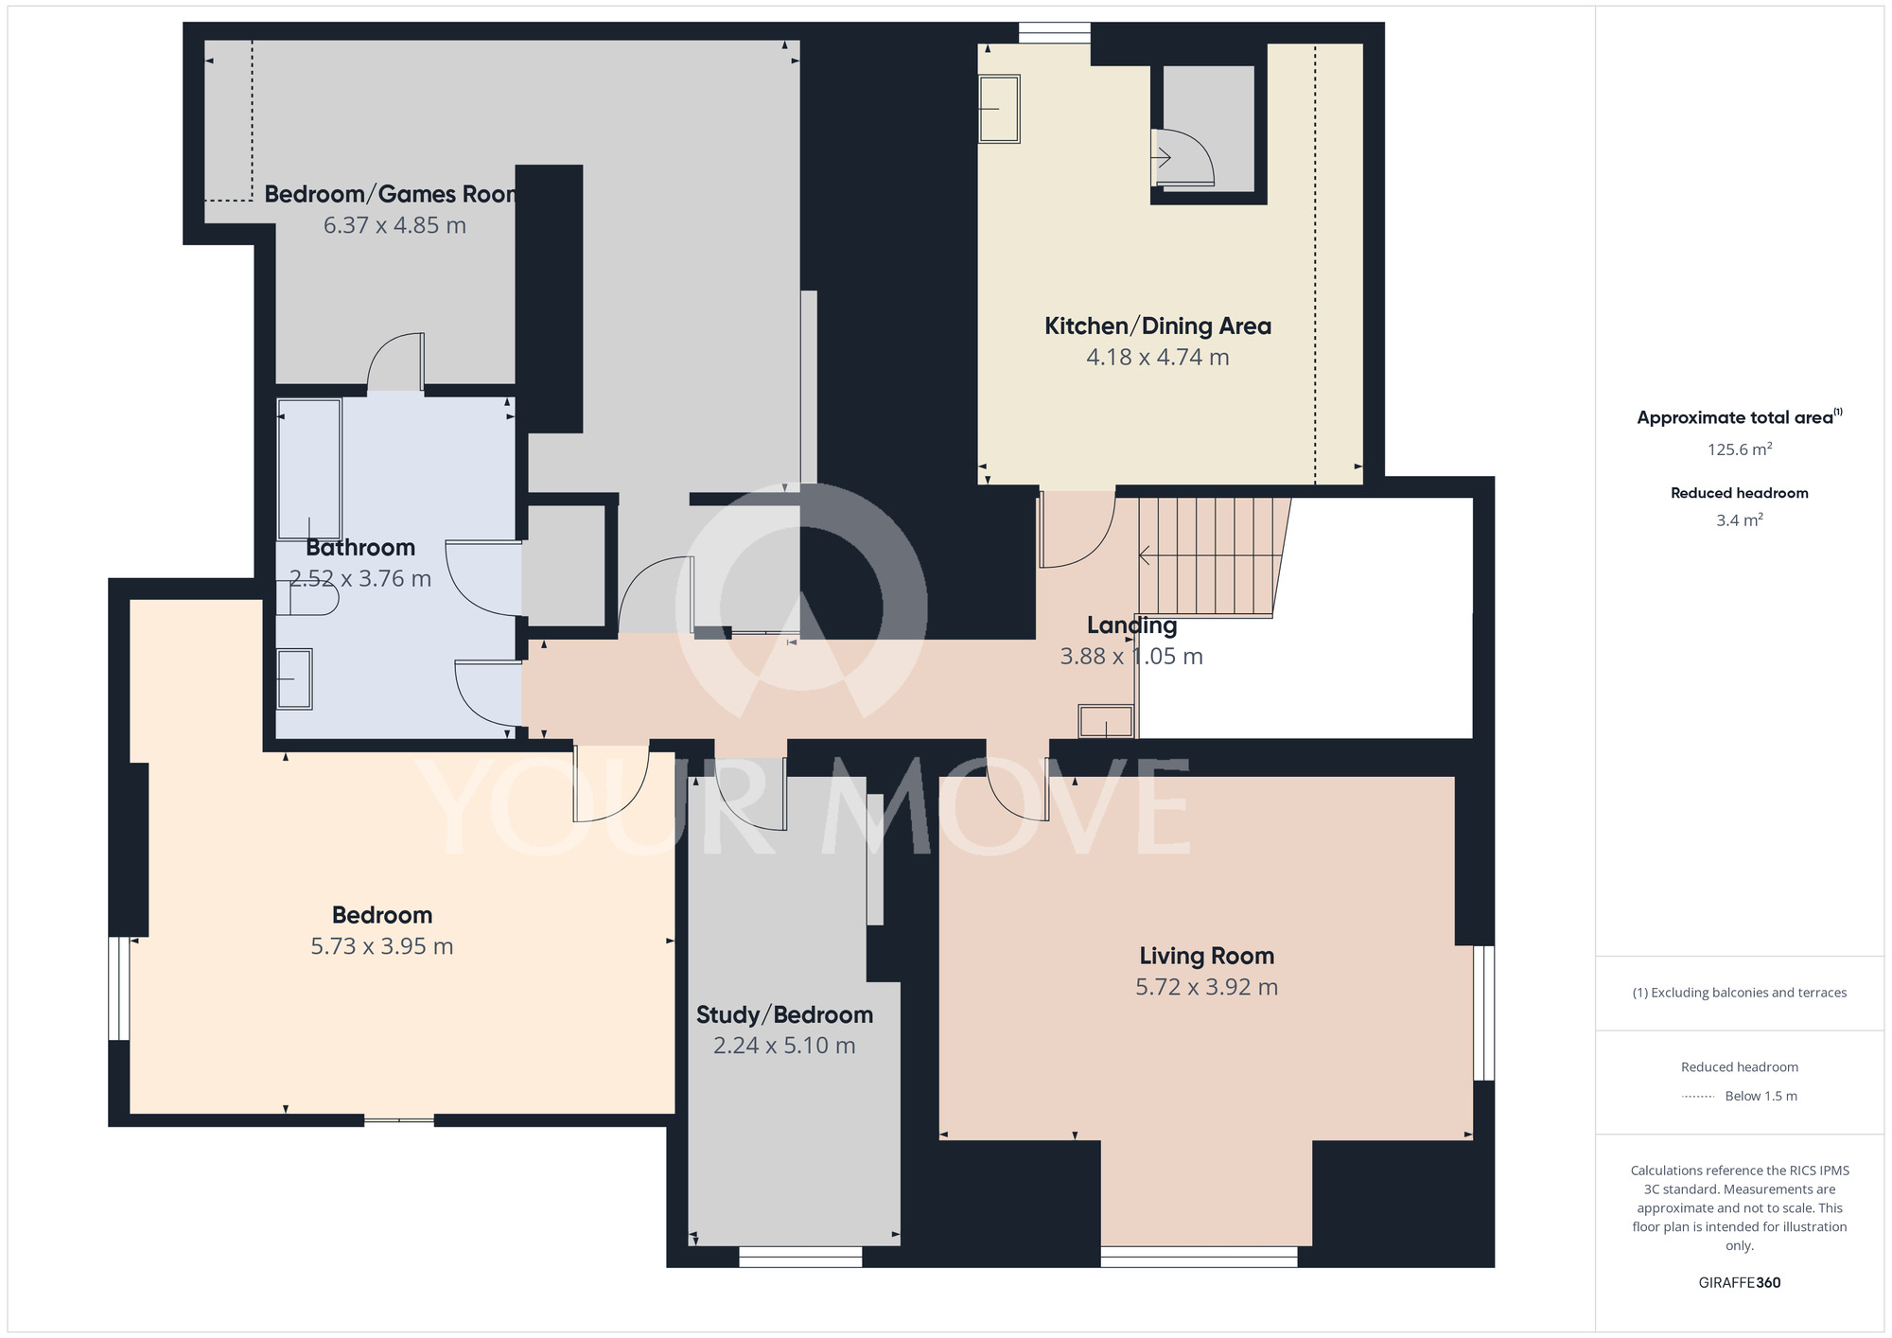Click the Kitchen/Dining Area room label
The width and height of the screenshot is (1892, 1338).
tap(1157, 326)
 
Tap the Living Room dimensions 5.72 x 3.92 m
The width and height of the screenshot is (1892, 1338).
tap(1206, 987)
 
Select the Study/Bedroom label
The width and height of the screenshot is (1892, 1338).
tap(784, 1015)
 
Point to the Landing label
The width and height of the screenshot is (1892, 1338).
tap(1131, 625)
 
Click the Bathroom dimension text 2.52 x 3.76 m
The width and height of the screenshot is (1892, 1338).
tap(359, 578)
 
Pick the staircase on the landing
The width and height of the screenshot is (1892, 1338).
tap(1213, 557)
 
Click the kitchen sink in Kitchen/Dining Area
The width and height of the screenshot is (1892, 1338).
tap(999, 109)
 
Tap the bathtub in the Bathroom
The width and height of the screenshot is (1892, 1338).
tap(309, 469)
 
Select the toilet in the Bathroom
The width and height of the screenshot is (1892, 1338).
tap(307, 598)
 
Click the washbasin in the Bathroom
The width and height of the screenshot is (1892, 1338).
tap(294, 678)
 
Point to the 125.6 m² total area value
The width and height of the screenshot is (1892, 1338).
tap(1740, 449)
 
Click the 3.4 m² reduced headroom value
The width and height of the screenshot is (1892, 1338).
tap(1740, 520)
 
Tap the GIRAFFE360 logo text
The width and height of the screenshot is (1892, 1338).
tap(1740, 1283)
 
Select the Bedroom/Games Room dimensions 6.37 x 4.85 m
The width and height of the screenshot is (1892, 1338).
tap(394, 225)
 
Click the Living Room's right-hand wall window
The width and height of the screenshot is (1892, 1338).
tap(1484, 1012)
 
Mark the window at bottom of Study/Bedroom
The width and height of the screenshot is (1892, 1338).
tap(800, 1257)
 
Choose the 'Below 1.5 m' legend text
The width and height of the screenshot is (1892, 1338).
tap(1761, 1096)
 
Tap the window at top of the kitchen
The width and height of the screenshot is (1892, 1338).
tap(1055, 33)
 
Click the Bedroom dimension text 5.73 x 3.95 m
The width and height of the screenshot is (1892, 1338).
tap(382, 946)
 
